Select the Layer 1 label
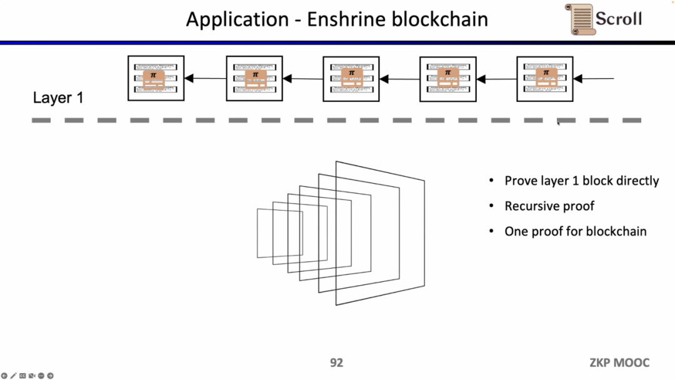click(x=58, y=98)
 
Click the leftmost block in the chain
click(x=156, y=78)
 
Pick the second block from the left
click(x=254, y=78)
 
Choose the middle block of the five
click(x=351, y=78)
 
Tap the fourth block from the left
click(x=448, y=79)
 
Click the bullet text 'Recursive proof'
click(x=549, y=206)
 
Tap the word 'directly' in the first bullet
click(x=637, y=181)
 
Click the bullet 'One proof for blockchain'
click(x=576, y=231)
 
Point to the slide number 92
click(x=336, y=362)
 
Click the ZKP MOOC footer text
click(x=619, y=362)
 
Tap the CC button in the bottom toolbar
click(x=22, y=376)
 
